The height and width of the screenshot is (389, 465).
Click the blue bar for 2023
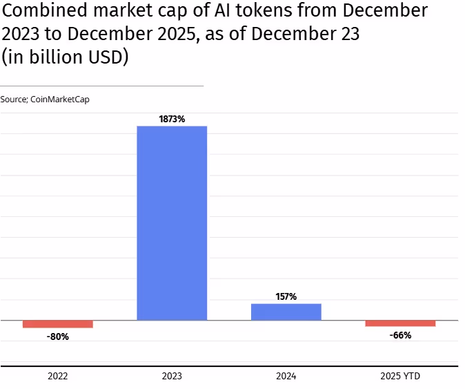pyautogui.click(x=172, y=223)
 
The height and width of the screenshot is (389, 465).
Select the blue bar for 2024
pyautogui.click(x=286, y=312)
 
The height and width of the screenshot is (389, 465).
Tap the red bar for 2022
pyautogui.click(x=57, y=324)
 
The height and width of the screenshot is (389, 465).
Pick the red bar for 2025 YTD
pyautogui.click(x=400, y=323)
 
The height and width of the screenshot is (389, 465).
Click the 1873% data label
pyautogui.click(x=172, y=119)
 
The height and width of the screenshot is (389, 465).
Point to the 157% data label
pyautogui.click(x=286, y=296)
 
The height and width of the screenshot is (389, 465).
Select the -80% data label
pyautogui.click(x=57, y=336)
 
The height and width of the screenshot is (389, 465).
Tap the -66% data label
pyautogui.click(x=400, y=335)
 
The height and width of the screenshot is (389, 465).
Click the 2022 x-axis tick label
pyautogui.click(x=57, y=377)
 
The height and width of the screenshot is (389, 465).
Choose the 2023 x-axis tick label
pyautogui.click(x=172, y=377)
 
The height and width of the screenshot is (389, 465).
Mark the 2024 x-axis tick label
pyautogui.click(x=286, y=377)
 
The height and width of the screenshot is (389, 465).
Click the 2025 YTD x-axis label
pyautogui.click(x=400, y=377)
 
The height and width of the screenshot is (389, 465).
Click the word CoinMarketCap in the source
pyautogui.click(x=60, y=99)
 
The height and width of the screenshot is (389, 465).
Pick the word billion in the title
pyautogui.click(x=57, y=57)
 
